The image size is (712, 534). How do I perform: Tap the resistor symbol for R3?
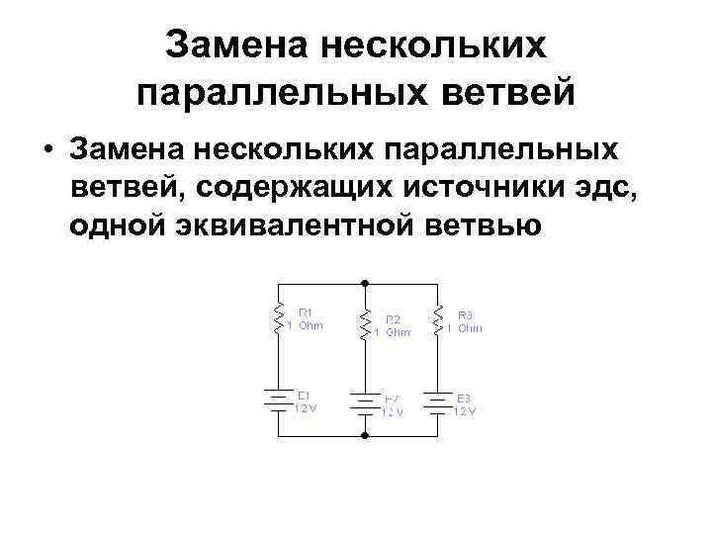[x=438, y=316]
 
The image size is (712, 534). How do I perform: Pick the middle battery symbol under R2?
[x=365, y=403]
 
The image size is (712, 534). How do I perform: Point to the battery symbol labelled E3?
[x=438, y=400]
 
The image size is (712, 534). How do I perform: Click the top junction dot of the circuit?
[x=365, y=283]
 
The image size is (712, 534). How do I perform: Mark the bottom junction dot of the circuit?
[x=365, y=434]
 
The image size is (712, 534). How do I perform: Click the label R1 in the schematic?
[x=307, y=311]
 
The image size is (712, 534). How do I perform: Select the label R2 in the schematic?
[x=393, y=318]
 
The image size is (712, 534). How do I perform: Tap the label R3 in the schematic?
[x=466, y=311]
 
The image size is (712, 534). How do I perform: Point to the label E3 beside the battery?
[x=465, y=398]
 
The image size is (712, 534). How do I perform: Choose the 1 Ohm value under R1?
[x=305, y=324]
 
